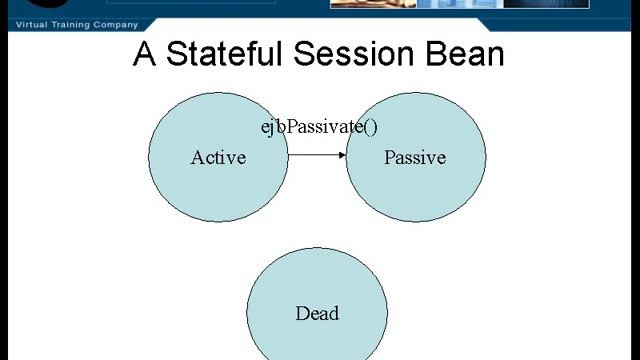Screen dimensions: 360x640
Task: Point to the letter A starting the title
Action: click(x=145, y=54)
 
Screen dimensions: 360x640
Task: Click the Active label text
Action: click(x=218, y=158)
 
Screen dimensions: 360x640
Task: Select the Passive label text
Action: click(x=414, y=158)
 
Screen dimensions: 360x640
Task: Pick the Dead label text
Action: click(x=317, y=313)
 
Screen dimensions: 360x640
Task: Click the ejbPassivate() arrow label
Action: click(x=319, y=127)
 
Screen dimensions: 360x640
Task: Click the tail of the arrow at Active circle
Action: click(x=290, y=155)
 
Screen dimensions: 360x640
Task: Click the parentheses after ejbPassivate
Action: click(x=371, y=127)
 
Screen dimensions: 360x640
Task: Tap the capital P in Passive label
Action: click(x=389, y=158)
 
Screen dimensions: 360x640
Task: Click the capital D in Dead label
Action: click(x=301, y=313)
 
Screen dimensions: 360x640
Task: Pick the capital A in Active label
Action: click(x=197, y=158)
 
